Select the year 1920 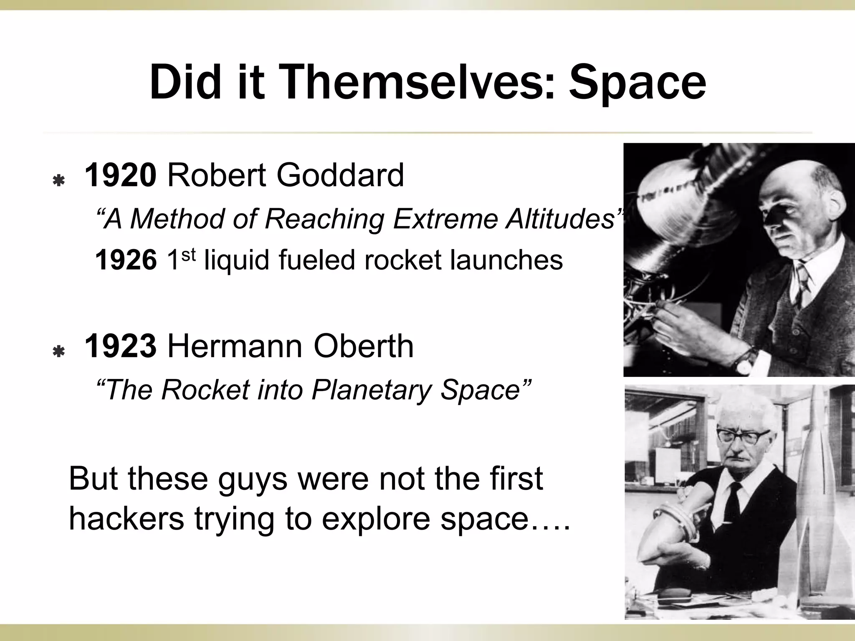point(120,175)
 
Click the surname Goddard point(340,175)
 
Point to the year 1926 point(126,260)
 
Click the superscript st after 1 point(189,255)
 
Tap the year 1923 point(120,346)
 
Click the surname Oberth point(363,346)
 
